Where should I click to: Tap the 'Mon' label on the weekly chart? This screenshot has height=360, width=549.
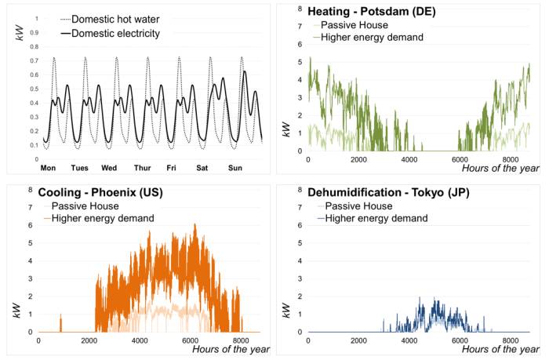pos(49,168)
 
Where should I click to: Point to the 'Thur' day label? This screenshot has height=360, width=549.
pos(142,168)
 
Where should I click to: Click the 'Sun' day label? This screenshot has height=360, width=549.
pos(235,168)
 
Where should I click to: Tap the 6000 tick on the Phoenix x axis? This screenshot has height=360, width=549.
pos(190,341)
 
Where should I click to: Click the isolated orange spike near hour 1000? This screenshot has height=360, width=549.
pos(61,322)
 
